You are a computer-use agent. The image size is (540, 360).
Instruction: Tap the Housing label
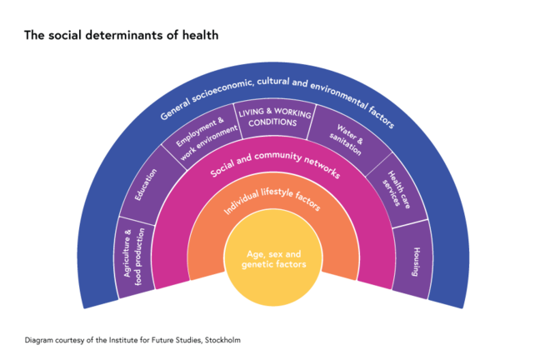coord(415,262)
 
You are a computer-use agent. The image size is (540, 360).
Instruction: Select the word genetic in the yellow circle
coord(257,264)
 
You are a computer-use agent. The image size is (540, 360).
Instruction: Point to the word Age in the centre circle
coord(257,253)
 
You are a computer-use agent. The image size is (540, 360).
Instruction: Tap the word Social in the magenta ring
coord(222,170)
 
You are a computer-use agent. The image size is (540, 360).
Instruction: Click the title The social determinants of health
coord(122,35)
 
